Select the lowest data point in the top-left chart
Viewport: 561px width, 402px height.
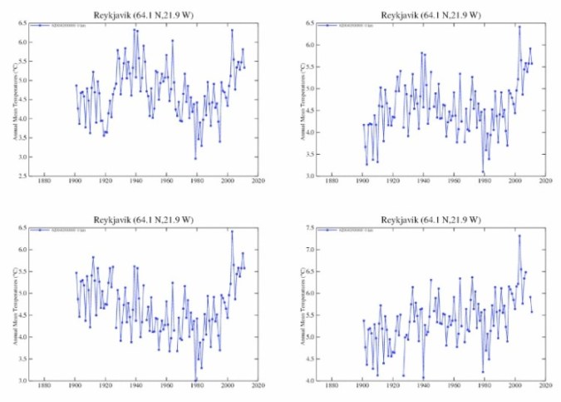pos(195,158)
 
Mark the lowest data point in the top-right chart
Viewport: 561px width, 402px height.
pos(482,171)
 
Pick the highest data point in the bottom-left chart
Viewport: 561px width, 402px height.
pos(232,231)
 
